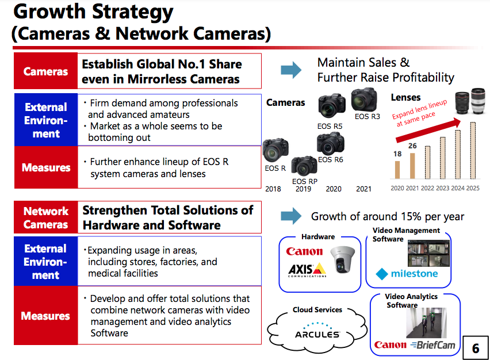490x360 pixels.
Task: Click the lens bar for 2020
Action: pyautogui.click(x=397, y=170)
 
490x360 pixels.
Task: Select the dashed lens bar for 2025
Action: pyautogui.click(x=473, y=150)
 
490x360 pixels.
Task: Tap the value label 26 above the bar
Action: pyautogui.click(x=412, y=145)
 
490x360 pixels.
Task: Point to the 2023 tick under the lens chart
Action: pyautogui.click(x=442, y=188)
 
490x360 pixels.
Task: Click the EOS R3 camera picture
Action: pyautogui.click(x=363, y=99)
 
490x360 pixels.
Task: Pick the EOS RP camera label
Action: pyautogui.click(x=305, y=181)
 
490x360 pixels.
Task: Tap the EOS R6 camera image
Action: pyautogui.click(x=330, y=143)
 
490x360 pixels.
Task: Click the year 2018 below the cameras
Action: pyautogui.click(x=273, y=189)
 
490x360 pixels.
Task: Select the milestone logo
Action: pyautogui.click(x=407, y=274)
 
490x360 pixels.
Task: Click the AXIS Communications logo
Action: pyautogui.click(x=307, y=270)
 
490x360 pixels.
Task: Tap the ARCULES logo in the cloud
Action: pyautogui.click(x=317, y=330)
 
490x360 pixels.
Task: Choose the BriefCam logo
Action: pyautogui.click(x=433, y=345)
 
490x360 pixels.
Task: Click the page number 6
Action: pyautogui.click(x=475, y=348)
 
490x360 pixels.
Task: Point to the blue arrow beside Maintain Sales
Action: pyautogui.click(x=291, y=70)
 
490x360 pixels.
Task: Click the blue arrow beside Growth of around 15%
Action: pyautogui.click(x=291, y=216)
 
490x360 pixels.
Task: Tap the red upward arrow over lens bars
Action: pyautogui.click(x=428, y=130)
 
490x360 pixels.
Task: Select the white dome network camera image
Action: pyautogui.click(x=343, y=259)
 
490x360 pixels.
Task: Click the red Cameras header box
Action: pyautogui.click(x=45, y=71)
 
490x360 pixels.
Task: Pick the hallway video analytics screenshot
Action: pyautogui.click(x=426, y=323)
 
